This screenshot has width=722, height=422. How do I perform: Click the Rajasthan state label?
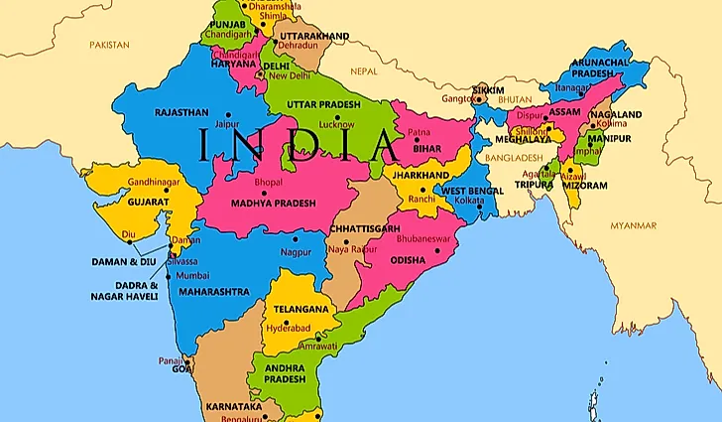[180, 112]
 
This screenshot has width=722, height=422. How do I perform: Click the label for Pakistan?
[109, 45]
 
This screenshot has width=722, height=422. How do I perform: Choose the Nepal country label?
[364, 71]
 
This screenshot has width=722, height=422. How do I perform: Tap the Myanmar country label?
[634, 225]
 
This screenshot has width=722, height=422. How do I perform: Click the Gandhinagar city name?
[152, 184]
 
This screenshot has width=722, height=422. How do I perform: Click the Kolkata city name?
[469, 201]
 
